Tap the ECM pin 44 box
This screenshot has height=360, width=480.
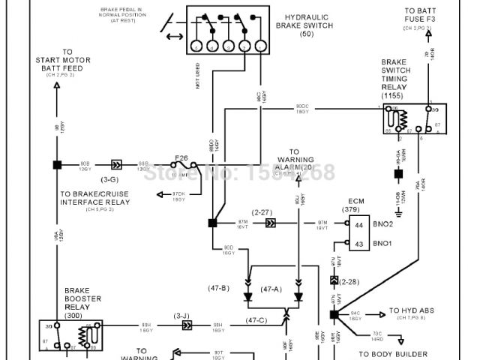tap(358, 224)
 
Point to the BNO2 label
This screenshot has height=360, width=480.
tap(383, 224)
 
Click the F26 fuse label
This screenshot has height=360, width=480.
tap(181, 157)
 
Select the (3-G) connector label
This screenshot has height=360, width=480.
tap(109, 180)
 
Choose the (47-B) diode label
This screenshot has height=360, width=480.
tap(219, 288)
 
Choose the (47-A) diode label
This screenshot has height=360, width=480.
tap(271, 288)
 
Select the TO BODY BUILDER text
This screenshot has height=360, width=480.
tap(392, 353)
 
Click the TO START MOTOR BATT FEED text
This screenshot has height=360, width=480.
tap(57, 64)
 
